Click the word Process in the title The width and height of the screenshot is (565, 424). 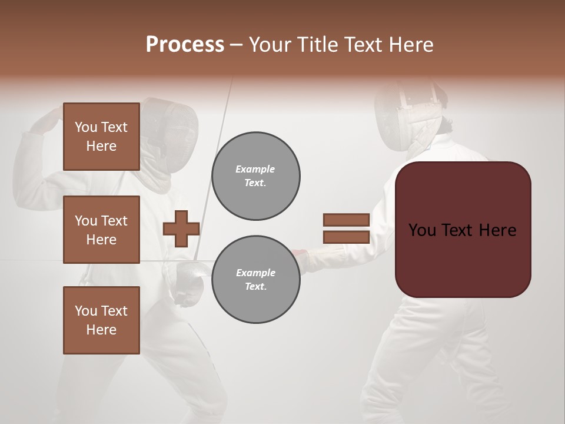coord(185,44)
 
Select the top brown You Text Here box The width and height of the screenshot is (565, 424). coord(101,137)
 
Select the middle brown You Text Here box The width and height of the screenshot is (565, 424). coord(101,230)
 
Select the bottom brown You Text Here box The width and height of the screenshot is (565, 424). coord(101,320)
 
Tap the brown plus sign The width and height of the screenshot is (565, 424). coord(181,228)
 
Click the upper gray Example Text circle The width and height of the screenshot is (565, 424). coord(255,176)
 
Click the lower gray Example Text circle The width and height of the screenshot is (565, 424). coord(255,280)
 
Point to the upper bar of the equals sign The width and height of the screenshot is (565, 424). coord(346,220)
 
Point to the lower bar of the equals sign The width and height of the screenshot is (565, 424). coord(346,237)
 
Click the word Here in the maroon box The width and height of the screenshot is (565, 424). coord(497,230)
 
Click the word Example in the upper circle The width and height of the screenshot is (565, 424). coord(255,169)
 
